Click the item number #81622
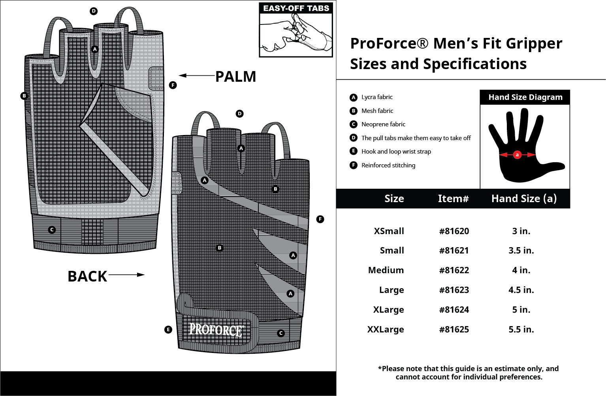click(454, 270)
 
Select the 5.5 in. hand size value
click(521, 330)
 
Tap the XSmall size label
click(389, 231)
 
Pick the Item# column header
click(453, 199)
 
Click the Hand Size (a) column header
click(524, 199)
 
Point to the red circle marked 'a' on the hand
click(517, 155)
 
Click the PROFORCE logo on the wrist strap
click(216, 330)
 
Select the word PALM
click(235, 77)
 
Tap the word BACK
click(87, 276)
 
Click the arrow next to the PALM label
click(196, 75)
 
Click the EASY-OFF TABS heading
click(296, 8)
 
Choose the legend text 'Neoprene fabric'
click(383, 124)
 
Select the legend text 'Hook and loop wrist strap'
click(396, 152)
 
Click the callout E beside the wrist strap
click(168, 330)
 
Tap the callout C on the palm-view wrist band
click(52, 230)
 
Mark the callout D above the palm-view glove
click(94, 11)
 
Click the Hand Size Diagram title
click(525, 97)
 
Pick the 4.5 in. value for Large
click(521, 290)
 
